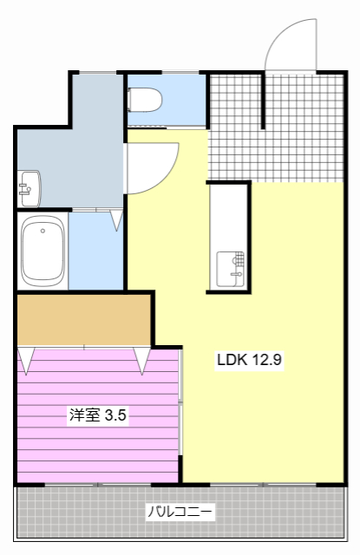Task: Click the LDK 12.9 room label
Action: (x=249, y=360)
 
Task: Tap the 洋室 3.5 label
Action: (x=98, y=415)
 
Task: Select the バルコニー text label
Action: (x=180, y=512)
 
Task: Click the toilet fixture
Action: (x=145, y=100)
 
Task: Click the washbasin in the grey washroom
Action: (x=29, y=189)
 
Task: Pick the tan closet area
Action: (x=84, y=320)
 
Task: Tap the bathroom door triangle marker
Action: (x=116, y=220)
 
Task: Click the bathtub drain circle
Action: (x=43, y=231)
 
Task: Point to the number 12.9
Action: (x=266, y=360)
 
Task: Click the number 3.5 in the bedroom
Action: (x=115, y=415)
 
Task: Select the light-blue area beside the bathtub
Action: (x=95, y=251)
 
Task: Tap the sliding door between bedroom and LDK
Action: (x=180, y=402)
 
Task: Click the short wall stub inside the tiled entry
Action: (x=263, y=101)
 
